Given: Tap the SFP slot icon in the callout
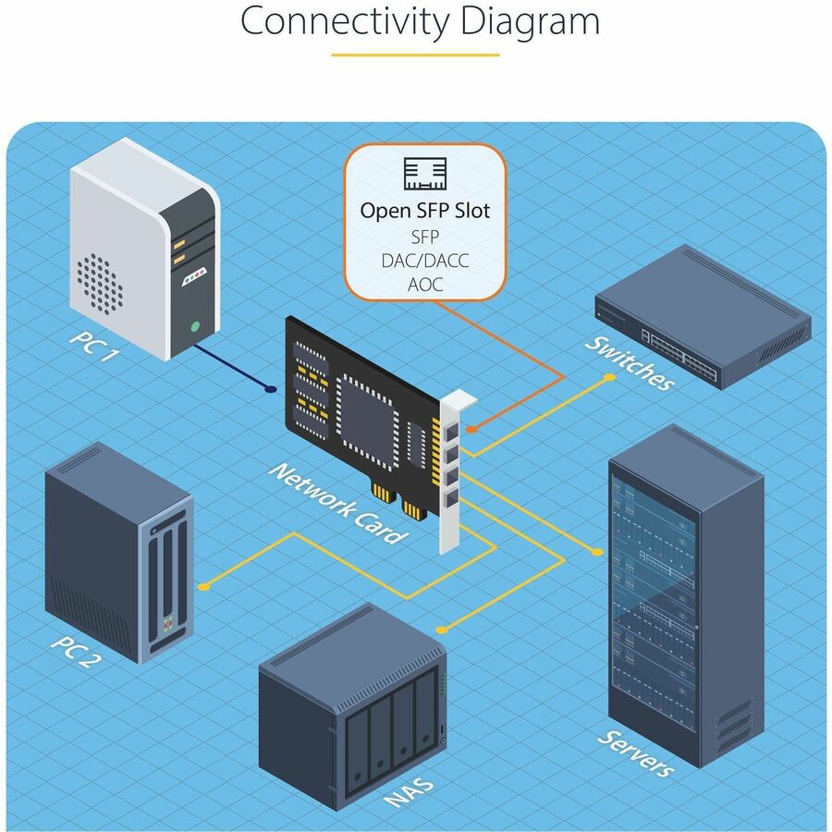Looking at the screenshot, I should click(425, 174).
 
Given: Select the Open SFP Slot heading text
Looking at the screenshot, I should click(425, 211).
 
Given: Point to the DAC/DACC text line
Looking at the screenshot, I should click(425, 261).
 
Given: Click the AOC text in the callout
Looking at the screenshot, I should click(425, 285).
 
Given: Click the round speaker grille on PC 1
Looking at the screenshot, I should click(99, 281).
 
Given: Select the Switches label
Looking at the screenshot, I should click(630, 362).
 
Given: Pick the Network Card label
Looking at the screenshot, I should click(337, 502).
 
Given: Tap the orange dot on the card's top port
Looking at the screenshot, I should click(471, 429).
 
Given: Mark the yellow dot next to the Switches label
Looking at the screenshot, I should click(608, 377).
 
